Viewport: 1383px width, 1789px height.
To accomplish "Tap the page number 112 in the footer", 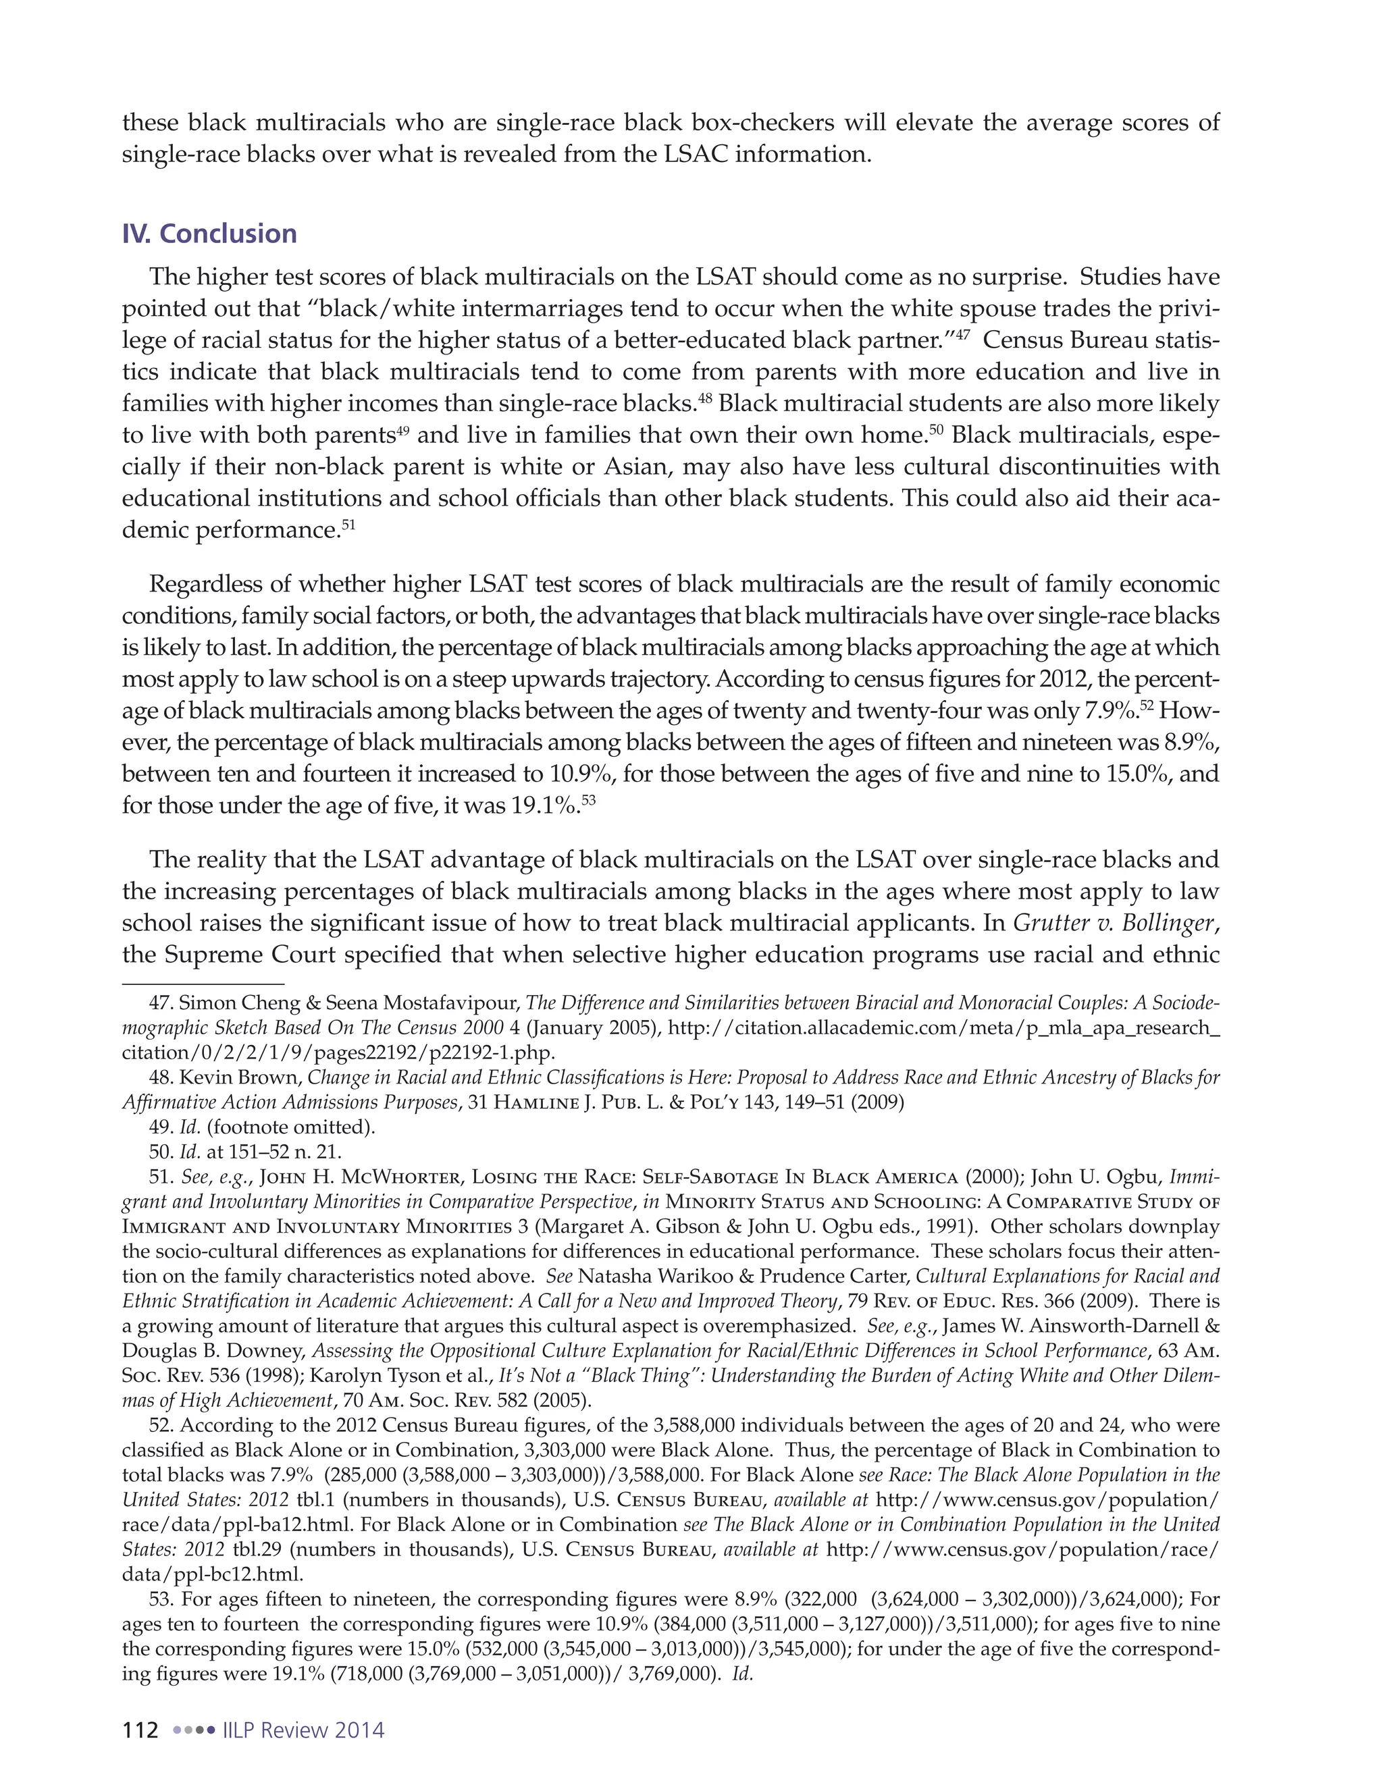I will point(140,1730).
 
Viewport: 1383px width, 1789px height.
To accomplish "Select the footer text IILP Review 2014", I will point(303,1730).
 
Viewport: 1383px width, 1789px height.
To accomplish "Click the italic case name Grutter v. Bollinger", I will point(1115,923).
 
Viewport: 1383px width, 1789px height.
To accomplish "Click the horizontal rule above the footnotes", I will point(203,983).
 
